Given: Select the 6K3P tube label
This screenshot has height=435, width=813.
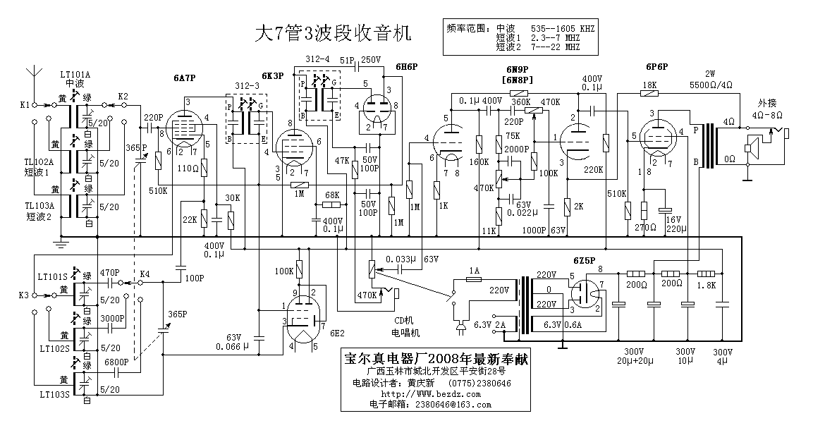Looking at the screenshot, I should tap(273, 75).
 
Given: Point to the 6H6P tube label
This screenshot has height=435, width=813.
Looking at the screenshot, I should tap(406, 66).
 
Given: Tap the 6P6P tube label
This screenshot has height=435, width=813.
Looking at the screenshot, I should tap(656, 67).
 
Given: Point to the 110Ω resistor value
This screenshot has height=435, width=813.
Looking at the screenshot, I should tap(187, 169).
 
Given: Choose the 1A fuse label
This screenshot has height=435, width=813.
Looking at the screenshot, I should tap(475, 271).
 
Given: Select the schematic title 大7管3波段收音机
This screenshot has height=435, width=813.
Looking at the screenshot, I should tap(331, 33).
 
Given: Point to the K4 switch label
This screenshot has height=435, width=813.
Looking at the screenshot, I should tap(145, 273).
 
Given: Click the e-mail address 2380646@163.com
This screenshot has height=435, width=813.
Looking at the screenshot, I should tap(450, 405).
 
